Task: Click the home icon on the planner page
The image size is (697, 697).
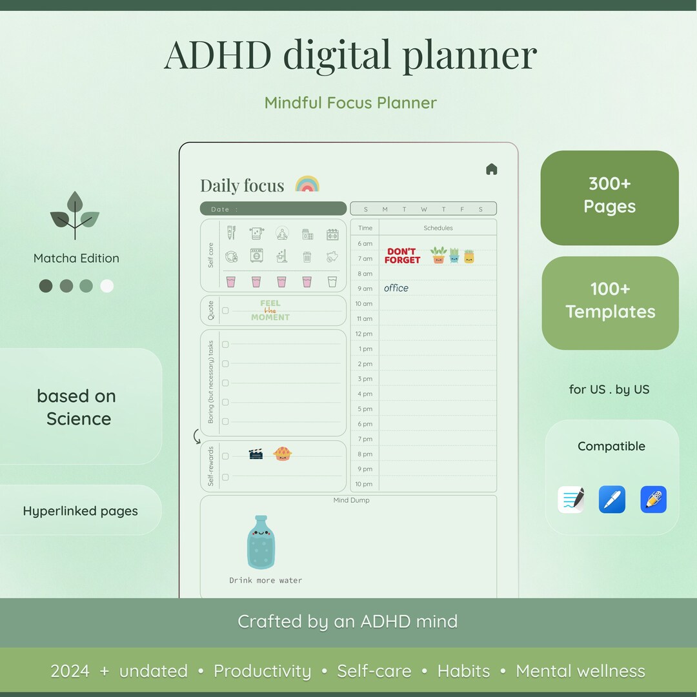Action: (492, 169)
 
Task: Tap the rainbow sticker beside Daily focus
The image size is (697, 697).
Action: (307, 184)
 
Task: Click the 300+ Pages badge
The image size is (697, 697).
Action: (609, 196)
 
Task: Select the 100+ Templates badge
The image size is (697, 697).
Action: (610, 301)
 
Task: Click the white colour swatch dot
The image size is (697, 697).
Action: (107, 286)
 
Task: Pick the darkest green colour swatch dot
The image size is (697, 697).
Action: (46, 286)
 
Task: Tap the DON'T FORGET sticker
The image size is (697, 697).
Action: (402, 256)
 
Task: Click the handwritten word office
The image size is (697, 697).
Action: (396, 288)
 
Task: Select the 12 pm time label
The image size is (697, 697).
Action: (365, 334)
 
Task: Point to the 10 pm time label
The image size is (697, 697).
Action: (364, 484)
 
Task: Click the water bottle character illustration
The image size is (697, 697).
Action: (261, 543)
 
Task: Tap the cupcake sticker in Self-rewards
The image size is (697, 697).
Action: (283, 454)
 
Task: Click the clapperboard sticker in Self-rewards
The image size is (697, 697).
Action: (256, 454)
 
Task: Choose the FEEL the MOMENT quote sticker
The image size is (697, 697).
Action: (270, 310)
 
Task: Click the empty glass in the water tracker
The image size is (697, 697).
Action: (332, 281)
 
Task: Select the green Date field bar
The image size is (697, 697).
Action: (273, 208)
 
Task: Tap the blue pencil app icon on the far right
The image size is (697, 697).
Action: (653, 500)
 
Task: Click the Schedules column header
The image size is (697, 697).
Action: (438, 228)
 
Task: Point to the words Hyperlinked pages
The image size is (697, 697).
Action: (81, 511)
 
